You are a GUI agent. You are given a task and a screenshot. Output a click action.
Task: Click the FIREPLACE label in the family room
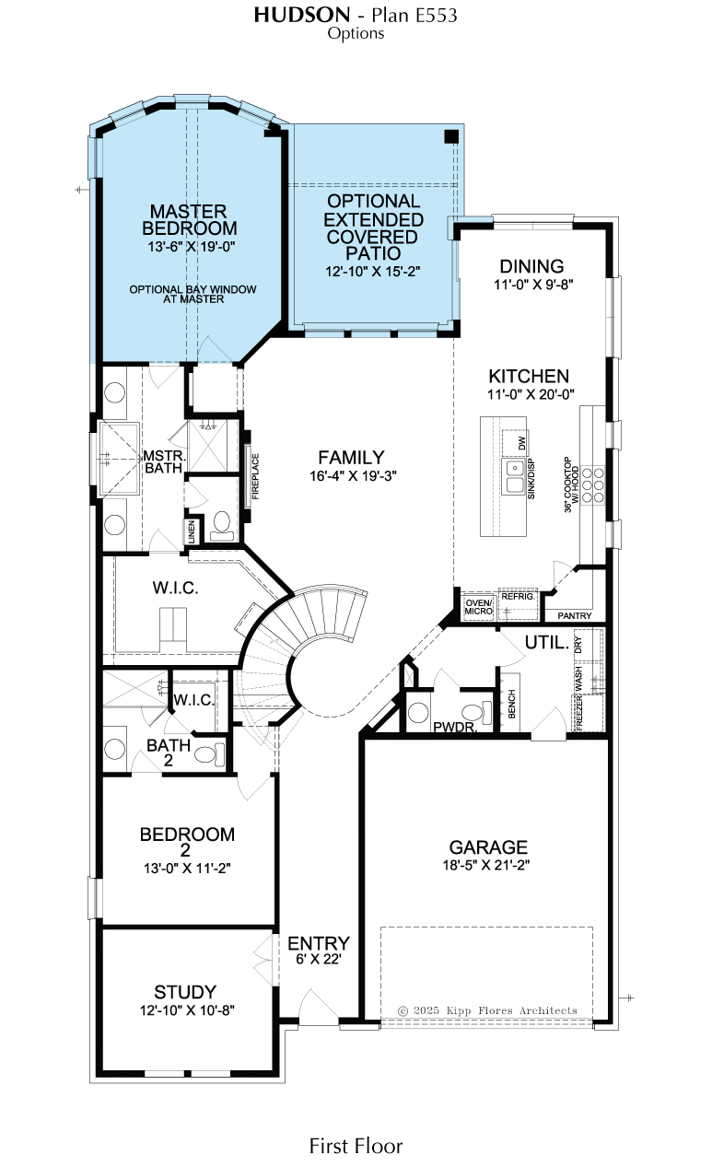pyautogui.click(x=255, y=476)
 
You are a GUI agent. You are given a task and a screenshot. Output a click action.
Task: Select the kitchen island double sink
pyautogui.click(x=514, y=477)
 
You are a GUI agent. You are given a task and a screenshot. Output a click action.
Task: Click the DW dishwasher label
pyautogui.click(x=522, y=443)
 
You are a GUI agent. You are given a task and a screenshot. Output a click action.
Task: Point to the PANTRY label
pyautogui.click(x=575, y=616)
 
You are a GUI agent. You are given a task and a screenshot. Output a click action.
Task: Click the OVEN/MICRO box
pyautogui.click(x=479, y=607)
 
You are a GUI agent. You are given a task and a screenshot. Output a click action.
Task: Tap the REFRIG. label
pyautogui.click(x=518, y=597)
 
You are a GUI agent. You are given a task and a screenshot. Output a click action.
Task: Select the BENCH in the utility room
pyautogui.click(x=511, y=704)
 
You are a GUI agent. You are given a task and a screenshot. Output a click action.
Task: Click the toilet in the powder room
pyautogui.click(x=477, y=712)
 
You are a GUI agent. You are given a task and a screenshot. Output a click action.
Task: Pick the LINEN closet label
pyautogui.click(x=192, y=532)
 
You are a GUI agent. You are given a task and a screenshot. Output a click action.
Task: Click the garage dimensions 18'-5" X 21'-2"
pyautogui.click(x=486, y=865)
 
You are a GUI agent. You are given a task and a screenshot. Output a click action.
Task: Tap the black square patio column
pyautogui.click(x=451, y=136)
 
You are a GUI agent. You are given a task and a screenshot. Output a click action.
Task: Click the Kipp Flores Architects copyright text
pyautogui.click(x=487, y=1010)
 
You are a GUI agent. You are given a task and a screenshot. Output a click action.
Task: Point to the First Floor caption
pyautogui.click(x=356, y=1146)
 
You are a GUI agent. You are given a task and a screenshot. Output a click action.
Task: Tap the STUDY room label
pyautogui.click(x=185, y=991)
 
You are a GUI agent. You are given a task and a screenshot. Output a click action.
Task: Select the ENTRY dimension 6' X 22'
pyautogui.click(x=319, y=959)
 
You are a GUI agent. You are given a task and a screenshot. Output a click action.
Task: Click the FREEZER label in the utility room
pyautogui.click(x=578, y=713)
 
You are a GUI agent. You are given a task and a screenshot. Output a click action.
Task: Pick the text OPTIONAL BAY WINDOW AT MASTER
pyautogui.click(x=193, y=295)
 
